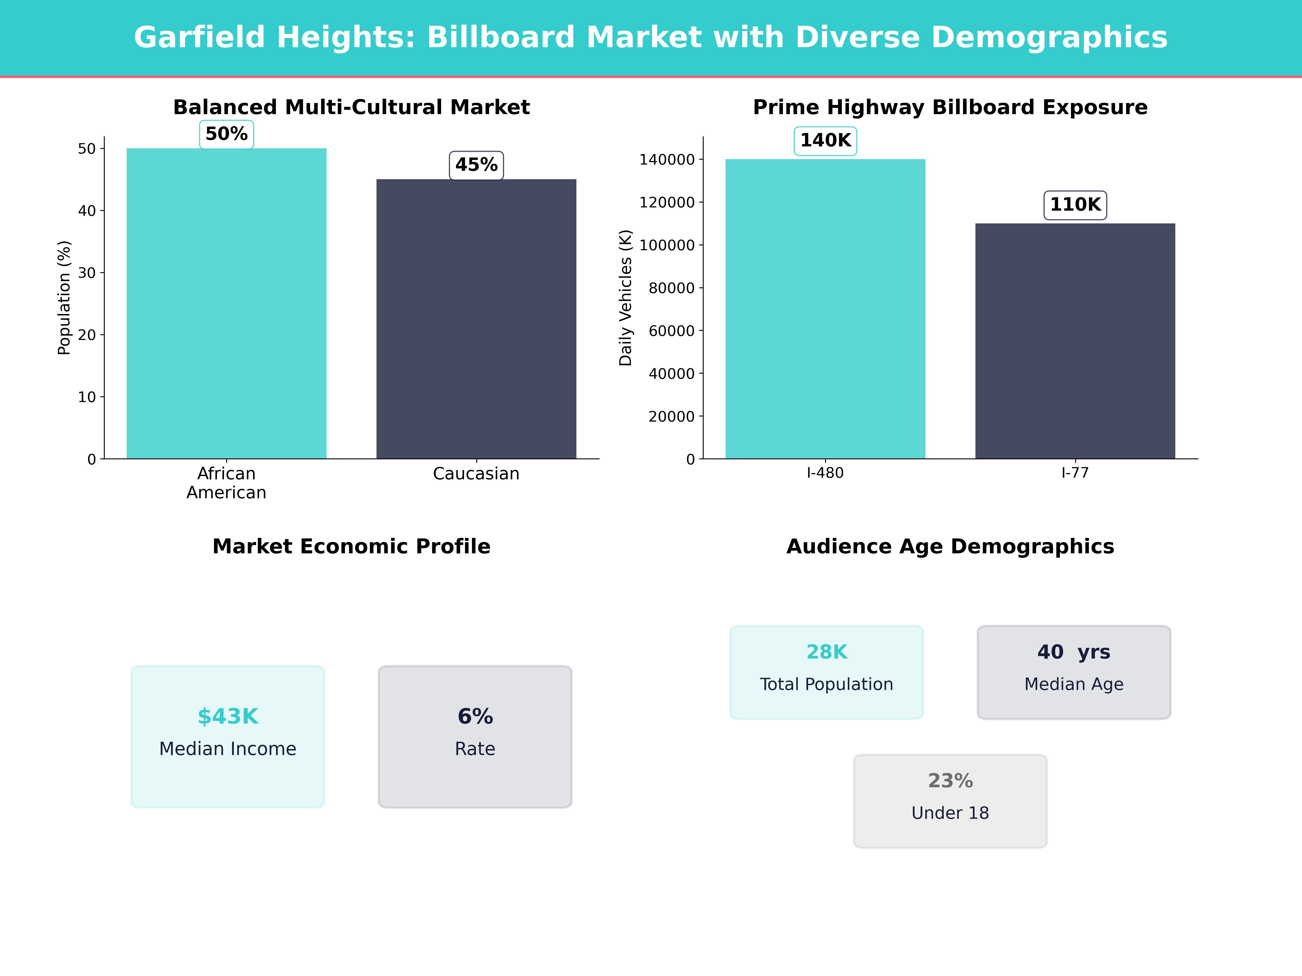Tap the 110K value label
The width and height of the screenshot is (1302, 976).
point(1075,205)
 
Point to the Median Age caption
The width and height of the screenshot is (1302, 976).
point(1074,684)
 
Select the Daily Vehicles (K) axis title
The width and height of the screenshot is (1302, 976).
point(625,298)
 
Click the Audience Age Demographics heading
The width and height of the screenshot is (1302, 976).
point(950,547)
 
